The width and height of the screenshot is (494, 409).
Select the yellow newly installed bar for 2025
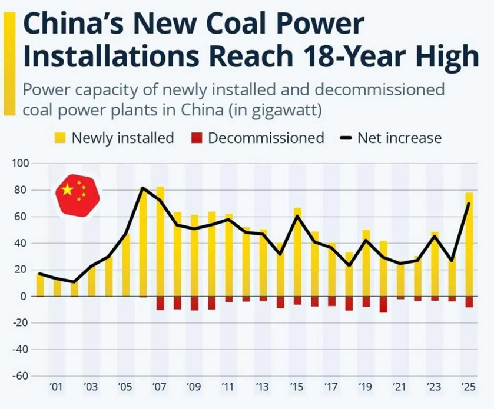point(469,247)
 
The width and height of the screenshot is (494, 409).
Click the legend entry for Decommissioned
point(266,138)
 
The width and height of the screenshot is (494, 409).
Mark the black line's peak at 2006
point(142,188)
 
